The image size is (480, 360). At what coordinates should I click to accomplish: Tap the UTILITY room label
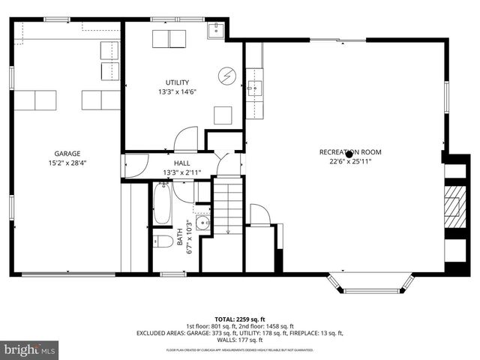click(x=177, y=82)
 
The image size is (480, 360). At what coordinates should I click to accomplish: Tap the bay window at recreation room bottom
click(x=373, y=284)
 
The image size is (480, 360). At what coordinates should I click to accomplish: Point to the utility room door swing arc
click(x=184, y=140)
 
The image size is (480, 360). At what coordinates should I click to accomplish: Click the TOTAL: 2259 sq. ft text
click(x=239, y=319)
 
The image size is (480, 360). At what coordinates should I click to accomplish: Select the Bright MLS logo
click(x=30, y=349)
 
